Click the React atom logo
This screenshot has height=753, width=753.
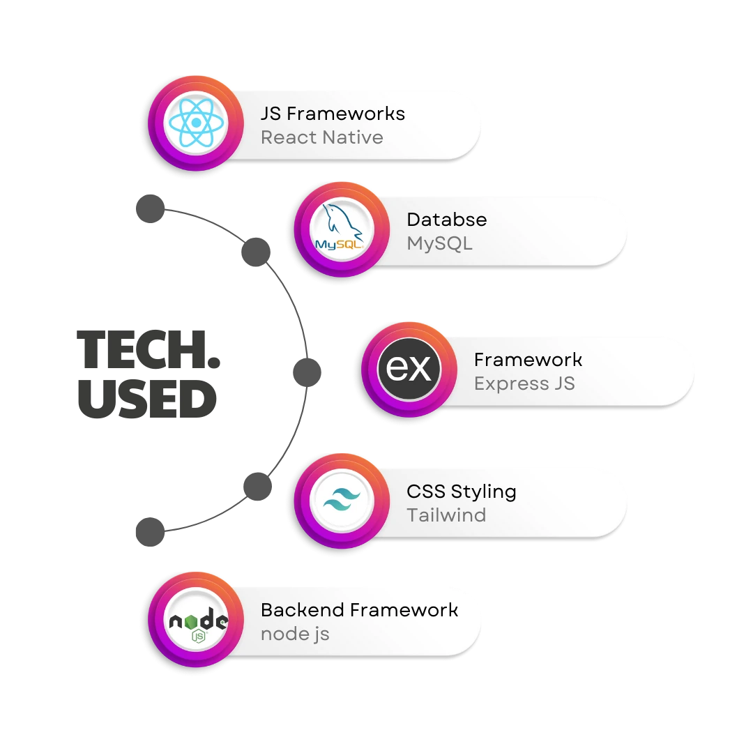click(x=197, y=123)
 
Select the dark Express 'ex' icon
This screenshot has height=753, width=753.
click(x=409, y=369)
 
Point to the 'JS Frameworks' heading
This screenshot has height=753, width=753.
click(x=333, y=113)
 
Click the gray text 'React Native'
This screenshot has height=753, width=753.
click(x=321, y=137)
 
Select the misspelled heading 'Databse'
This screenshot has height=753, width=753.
click(x=446, y=219)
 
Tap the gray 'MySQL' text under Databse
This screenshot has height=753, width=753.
click(x=439, y=243)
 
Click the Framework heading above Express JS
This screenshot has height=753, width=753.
click(x=528, y=359)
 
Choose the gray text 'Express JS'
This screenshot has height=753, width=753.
click(x=524, y=383)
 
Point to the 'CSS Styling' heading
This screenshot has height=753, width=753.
click(x=461, y=491)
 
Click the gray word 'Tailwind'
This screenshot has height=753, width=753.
click(x=446, y=515)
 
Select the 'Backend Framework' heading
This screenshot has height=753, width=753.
click(x=359, y=609)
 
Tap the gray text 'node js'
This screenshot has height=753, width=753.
click(x=295, y=634)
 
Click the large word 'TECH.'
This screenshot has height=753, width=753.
click(x=149, y=351)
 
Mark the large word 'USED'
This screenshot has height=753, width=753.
click(x=147, y=401)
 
